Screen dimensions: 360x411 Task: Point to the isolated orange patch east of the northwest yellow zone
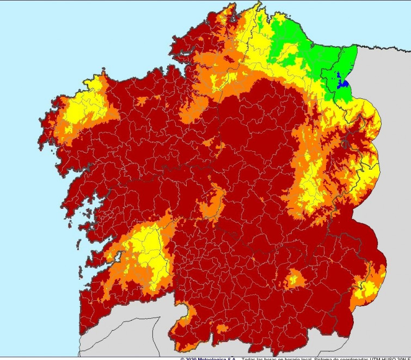pyautogui.click(x=143, y=101)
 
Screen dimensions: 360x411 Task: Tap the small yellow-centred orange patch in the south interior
pyautogui.click(x=295, y=279)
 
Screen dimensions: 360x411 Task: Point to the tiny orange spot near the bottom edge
pyautogui.click(x=222, y=328)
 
